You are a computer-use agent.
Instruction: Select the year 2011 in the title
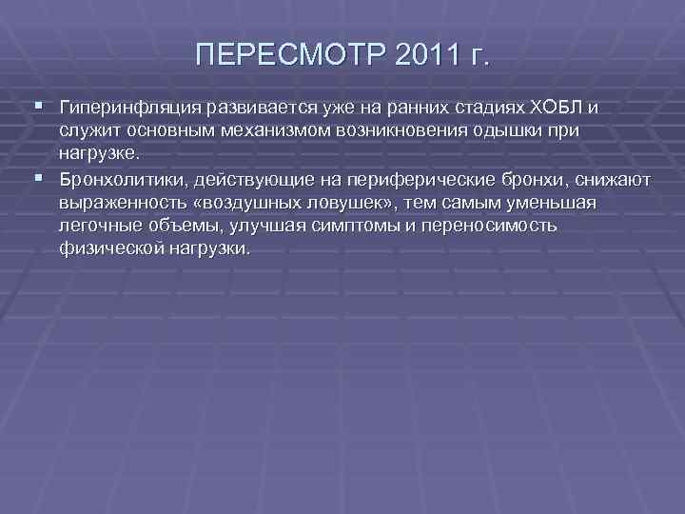[417, 54]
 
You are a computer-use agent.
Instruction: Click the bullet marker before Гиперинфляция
[37, 104]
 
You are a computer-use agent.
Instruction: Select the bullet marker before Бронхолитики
[37, 177]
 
